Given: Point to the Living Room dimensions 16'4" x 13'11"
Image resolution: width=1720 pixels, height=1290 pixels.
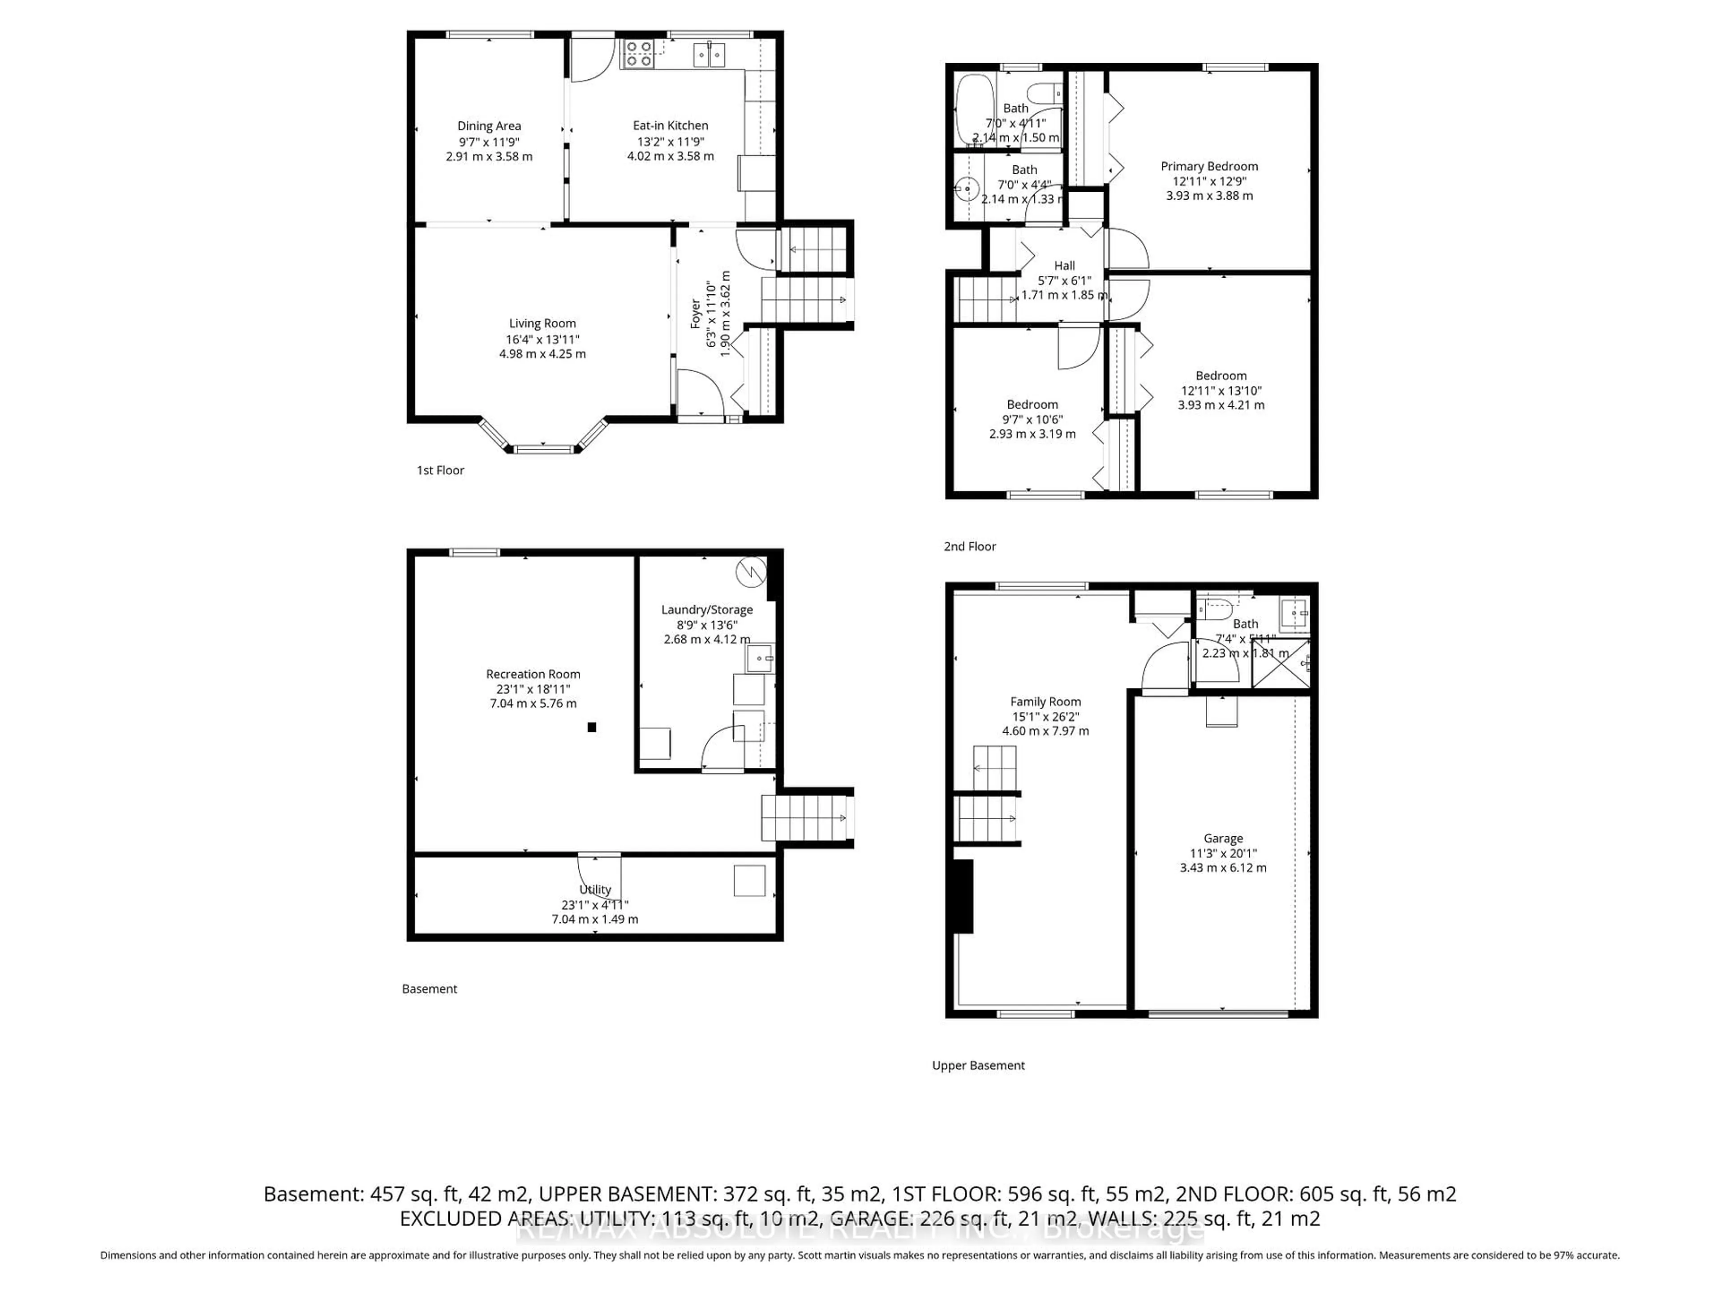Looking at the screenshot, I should [x=542, y=339].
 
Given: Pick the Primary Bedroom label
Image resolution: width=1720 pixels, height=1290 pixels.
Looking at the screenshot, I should [x=1208, y=167].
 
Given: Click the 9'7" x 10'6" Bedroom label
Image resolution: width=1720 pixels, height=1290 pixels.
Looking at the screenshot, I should [x=1032, y=404].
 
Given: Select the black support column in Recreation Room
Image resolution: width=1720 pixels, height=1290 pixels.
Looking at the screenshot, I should [x=592, y=727].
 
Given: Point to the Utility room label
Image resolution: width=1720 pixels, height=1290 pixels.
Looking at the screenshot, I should [x=595, y=890].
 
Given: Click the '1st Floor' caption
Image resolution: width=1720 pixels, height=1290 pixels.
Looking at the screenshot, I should [x=440, y=470].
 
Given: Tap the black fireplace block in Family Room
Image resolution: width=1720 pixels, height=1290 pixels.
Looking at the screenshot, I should [x=963, y=896].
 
